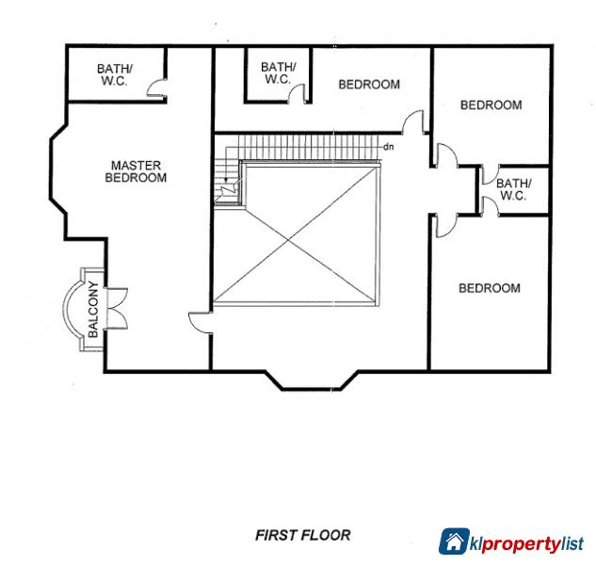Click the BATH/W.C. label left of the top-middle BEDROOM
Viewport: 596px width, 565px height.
click(x=278, y=73)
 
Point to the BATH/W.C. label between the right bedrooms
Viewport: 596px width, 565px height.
click(x=513, y=189)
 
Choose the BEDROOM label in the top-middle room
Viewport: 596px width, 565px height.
click(x=369, y=85)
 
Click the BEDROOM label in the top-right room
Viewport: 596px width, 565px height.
click(x=491, y=105)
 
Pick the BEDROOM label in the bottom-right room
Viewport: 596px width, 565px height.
click(x=489, y=288)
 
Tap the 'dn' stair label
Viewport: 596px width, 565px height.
click(x=388, y=147)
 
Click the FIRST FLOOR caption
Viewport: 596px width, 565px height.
click(x=303, y=535)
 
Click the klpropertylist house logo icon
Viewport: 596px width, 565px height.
click(x=456, y=541)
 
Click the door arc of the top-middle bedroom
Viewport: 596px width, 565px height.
click(x=412, y=122)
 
